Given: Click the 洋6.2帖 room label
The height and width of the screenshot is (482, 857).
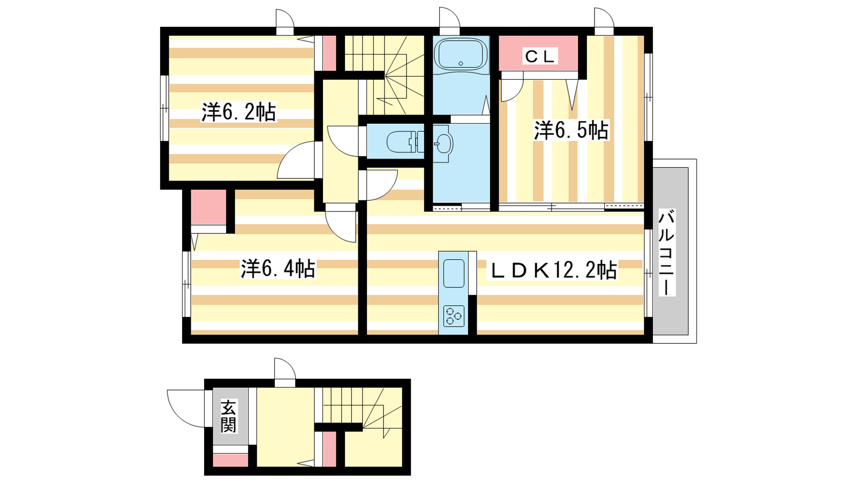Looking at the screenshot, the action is (238, 112).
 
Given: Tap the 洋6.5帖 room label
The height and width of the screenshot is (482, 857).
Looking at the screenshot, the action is (571, 130).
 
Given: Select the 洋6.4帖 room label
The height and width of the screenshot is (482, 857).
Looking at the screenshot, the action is (278, 268).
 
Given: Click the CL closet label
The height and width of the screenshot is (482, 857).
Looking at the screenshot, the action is (539, 57).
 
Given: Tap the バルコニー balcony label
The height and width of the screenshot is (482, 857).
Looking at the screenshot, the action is (666, 252).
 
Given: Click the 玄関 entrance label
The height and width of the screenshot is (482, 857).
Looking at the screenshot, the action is (228, 416).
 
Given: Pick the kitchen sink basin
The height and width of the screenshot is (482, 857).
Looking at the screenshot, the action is (454, 274).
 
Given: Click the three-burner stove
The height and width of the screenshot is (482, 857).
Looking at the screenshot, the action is (454, 316).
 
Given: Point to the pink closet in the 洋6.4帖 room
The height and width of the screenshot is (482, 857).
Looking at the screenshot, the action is (208, 207).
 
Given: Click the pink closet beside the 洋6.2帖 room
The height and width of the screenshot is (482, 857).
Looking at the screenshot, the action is (329, 53).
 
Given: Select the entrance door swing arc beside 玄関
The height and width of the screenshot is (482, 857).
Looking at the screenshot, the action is (186, 409).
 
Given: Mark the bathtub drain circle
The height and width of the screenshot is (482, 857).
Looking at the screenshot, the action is (461, 64).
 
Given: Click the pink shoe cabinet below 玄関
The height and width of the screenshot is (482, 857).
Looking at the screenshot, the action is (230, 460).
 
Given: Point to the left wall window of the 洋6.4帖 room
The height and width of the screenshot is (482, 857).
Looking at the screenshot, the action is (186, 284).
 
